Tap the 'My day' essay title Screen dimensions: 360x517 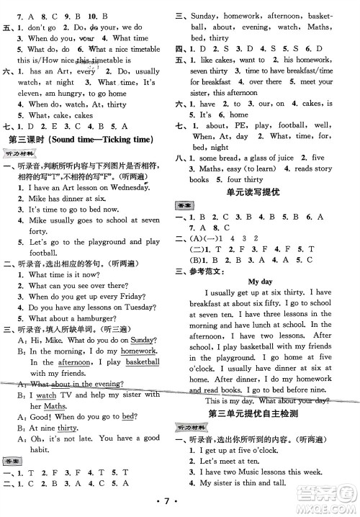pos(262,282)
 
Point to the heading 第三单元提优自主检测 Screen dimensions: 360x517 pos(263,413)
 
